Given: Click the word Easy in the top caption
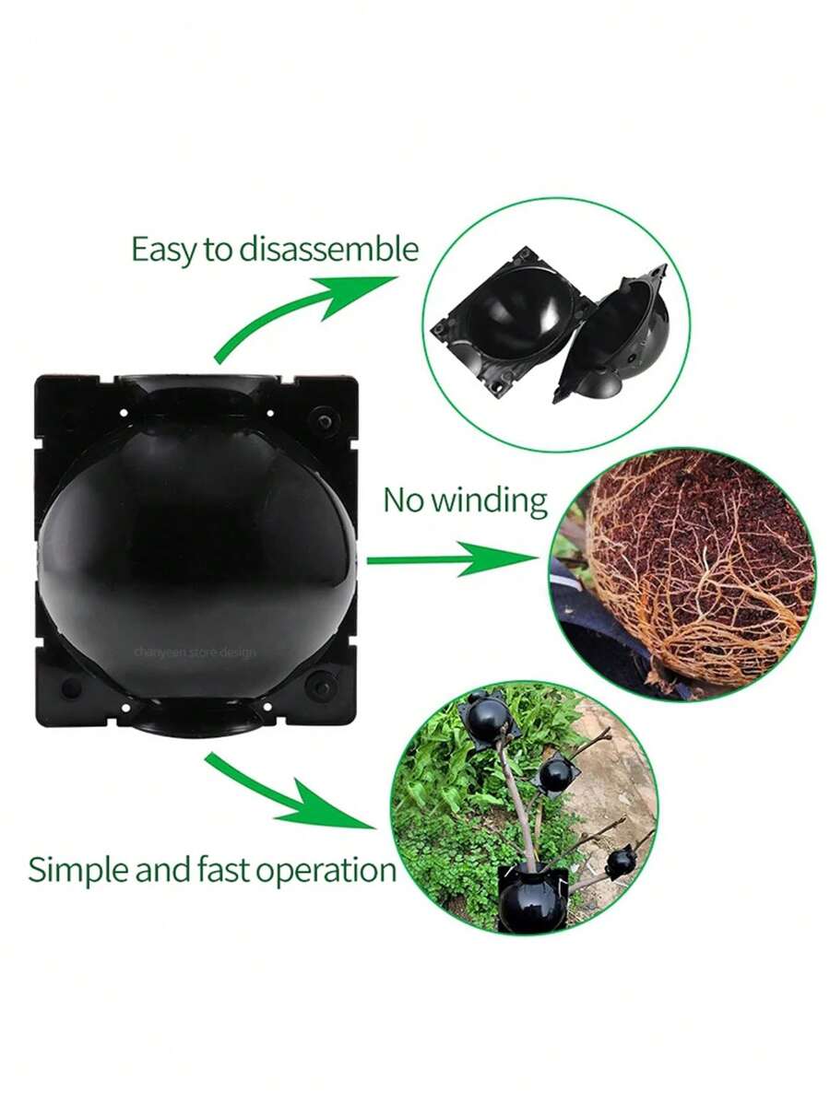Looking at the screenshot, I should [x=166, y=251].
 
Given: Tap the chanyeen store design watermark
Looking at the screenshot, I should [x=196, y=652].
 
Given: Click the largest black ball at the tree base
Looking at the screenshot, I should [x=532, y=898].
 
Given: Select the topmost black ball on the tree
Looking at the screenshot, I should [x=487, y=720].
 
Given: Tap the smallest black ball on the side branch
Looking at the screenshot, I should [x=620, y=861].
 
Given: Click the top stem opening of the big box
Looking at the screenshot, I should [x=196, y=384].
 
